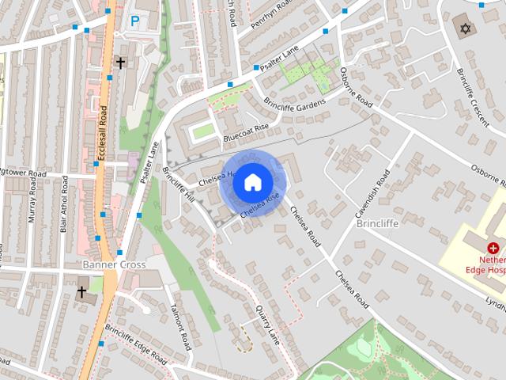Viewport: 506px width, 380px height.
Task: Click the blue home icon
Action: tap(251, 182)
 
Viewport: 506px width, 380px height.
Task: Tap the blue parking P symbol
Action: tap(135, 22)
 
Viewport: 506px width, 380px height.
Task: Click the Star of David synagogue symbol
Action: tap(466, 29)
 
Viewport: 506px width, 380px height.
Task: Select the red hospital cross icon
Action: tap(493, 248)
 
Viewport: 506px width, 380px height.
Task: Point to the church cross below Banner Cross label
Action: tap(81, 292)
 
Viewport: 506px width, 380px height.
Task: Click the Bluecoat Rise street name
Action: tap(246, 132)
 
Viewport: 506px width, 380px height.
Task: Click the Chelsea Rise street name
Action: tap(262, 207)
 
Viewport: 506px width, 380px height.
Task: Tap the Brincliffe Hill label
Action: tap(178, 184)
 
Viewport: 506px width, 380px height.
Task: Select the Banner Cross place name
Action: tap(114, 264)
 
